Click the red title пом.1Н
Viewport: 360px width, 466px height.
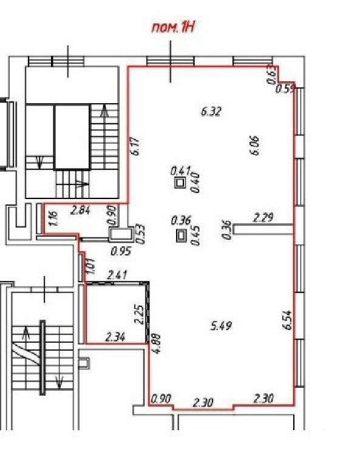tap(173, 28)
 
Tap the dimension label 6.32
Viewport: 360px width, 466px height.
tap(211, 112)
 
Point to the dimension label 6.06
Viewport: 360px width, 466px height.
tap(255, 146)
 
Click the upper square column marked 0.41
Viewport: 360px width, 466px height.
tap(180, 183)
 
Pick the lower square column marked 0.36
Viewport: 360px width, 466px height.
tap(180, 236)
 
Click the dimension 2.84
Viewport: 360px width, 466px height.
tap(80, 211)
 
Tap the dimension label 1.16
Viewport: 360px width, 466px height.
tap(54, 218)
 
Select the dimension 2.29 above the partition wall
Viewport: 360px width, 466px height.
tap(263, 218)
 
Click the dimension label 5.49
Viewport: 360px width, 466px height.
tap(221, 326)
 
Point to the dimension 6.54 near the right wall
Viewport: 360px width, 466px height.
tap(287, 320)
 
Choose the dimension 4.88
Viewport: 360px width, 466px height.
tap(156, 344)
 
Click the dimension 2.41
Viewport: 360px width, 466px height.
tap(117, 275)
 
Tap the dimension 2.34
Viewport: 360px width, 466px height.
tap(115, 337)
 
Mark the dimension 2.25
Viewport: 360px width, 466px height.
tap(139, 314)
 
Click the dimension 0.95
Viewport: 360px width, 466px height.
tap(121, 252)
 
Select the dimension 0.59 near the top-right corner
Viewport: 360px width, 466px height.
tap(285, 89)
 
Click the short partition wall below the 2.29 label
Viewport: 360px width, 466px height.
tap(263, 229)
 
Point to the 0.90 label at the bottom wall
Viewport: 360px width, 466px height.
tap(161, 399)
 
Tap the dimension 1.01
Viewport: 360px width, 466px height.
tap(90, 266)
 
